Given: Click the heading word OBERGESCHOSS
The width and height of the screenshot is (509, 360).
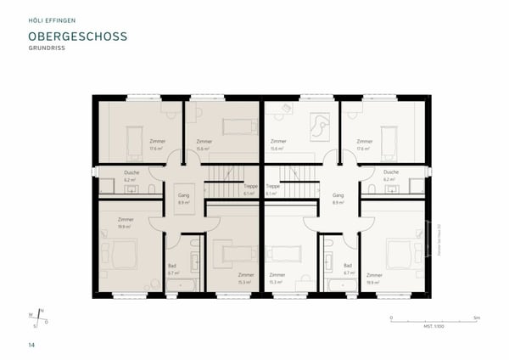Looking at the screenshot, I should [77, 38].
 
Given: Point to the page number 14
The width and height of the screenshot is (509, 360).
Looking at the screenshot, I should [31, 345].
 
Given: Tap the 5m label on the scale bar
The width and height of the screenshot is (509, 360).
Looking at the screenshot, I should [478, 316].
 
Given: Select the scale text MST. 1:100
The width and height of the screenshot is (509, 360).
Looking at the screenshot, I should [434, 325].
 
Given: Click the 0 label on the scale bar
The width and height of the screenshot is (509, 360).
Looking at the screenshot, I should [391, 316].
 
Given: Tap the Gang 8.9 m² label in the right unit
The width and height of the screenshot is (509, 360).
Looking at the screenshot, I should [338, 199].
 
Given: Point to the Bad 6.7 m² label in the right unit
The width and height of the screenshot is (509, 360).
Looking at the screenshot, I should [347, 267].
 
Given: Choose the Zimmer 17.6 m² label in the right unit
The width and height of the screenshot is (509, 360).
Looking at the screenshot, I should [366, 144].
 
